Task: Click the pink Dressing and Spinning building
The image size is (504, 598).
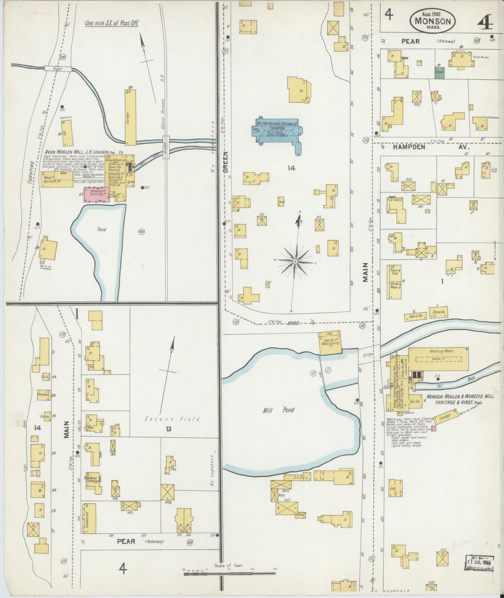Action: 96,194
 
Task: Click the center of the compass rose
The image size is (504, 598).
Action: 295,261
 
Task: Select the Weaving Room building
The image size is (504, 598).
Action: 438,359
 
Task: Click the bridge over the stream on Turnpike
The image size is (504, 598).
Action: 58,68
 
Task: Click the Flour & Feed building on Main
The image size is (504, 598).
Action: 394,281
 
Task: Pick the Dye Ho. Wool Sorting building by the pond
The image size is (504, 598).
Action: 329,343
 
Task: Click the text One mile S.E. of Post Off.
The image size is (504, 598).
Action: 112,23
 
